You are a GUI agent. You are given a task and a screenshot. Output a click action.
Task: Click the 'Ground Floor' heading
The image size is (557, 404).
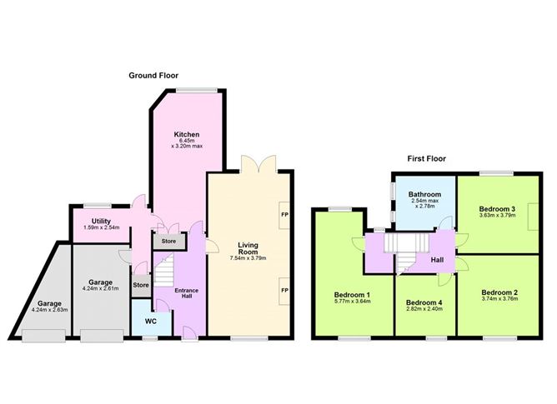[x=153, y=75]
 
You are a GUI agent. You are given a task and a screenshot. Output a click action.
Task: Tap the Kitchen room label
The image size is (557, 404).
[x=186, y=135]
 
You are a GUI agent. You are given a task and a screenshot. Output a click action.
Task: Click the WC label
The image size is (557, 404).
[x=151, y=321]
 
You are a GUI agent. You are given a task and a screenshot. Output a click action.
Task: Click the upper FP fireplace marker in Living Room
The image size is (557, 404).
[x=284, y=214]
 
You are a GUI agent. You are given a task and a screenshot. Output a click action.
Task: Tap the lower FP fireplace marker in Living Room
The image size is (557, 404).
[x=284, y=290]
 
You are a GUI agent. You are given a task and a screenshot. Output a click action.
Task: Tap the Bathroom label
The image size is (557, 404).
[x=425, y=194]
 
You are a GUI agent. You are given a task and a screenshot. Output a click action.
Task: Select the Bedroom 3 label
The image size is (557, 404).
[x=497, y=208]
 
